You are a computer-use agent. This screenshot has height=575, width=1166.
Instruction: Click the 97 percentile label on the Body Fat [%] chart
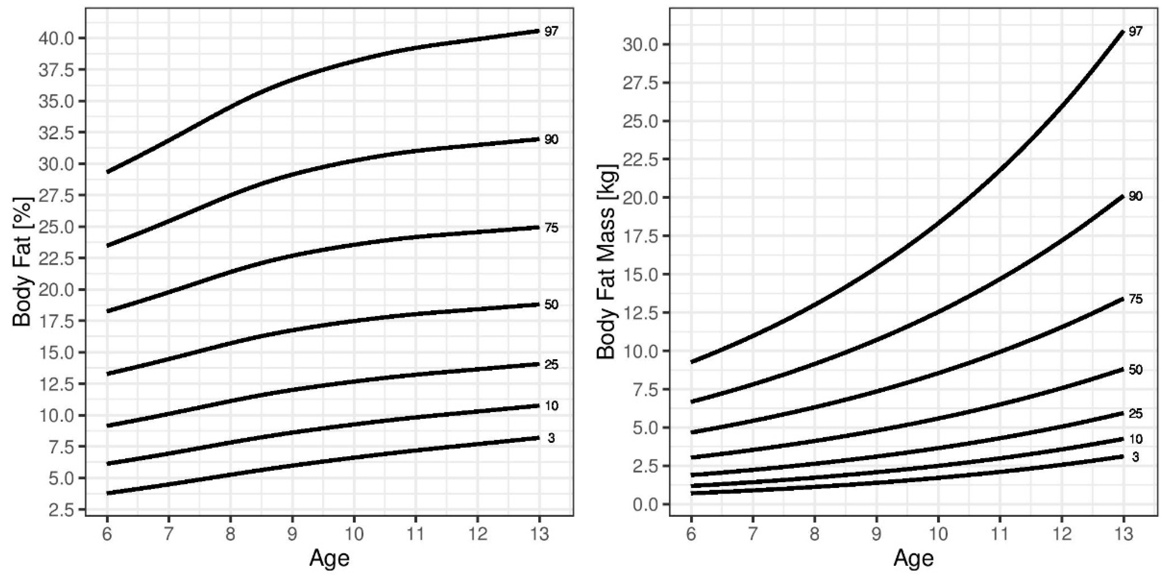click(551, 32)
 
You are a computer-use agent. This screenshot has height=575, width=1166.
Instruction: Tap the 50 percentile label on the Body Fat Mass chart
click(1135, 369)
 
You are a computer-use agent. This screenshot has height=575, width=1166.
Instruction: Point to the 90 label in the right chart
click(1135, 196)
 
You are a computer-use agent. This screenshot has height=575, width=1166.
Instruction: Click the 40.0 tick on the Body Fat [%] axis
click(59, 38)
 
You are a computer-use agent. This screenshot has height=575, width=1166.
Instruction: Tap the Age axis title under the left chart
click(329, 559)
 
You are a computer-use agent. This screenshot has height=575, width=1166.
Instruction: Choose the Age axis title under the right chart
click(913, 559)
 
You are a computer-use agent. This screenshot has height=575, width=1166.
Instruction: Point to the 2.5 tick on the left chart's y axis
click(64, 510)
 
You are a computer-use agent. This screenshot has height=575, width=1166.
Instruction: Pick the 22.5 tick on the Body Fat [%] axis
click(59, 259)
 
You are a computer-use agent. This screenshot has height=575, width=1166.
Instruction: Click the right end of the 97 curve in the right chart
click(1123, 31)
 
